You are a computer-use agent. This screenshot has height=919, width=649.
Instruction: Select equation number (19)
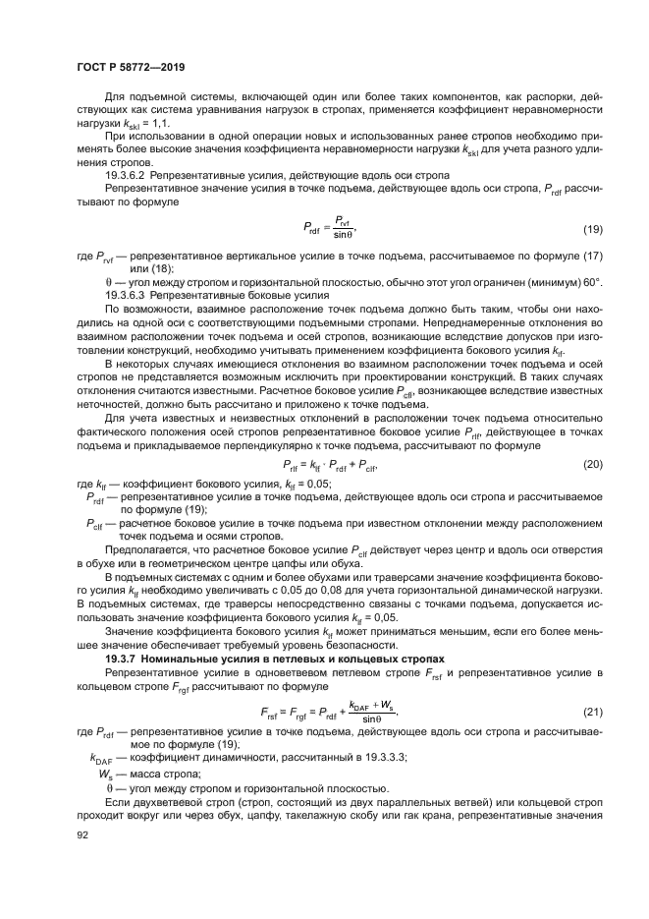coord(591,230)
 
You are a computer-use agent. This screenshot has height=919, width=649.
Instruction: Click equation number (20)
coord(591,464)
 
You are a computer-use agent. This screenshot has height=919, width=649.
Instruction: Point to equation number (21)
coord(591,711)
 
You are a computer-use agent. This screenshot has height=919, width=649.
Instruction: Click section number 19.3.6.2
coord(125,174)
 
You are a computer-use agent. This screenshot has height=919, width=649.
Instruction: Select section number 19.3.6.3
coord(125,295)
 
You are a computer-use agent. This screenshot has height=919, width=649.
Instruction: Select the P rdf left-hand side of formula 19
coord(313,230)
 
